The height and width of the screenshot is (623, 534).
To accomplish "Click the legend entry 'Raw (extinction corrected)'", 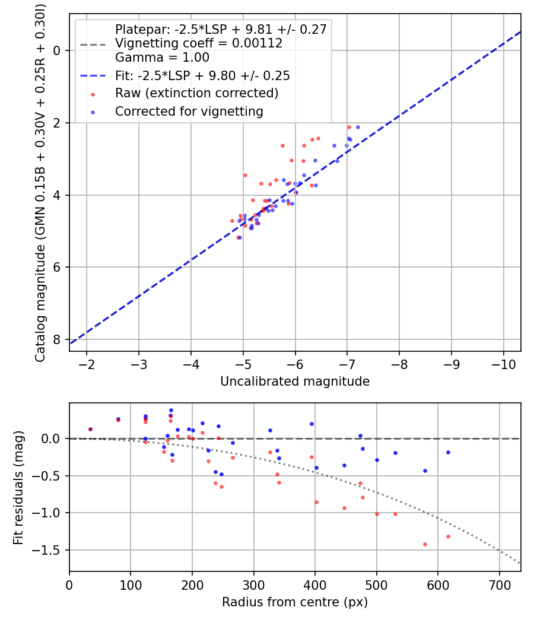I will [196, 93].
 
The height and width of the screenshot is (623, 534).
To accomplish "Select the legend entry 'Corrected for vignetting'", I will [189, 111].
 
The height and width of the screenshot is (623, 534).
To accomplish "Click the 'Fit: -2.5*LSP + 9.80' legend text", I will [202, 76].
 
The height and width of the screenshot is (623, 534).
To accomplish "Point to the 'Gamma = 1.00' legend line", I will [162, 58].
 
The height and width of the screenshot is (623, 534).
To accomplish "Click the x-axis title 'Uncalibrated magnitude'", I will [295, 382].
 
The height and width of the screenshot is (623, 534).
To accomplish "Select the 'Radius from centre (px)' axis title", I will [295, 602].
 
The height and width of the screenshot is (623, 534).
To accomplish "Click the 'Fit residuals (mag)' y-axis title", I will [18, 487].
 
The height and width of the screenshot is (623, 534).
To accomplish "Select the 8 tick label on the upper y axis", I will [58, 339].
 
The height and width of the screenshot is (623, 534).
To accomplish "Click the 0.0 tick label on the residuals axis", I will [52, 438].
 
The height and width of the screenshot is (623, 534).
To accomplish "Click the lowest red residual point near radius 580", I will [425, 544].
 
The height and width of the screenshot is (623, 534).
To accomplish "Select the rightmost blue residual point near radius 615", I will [448, 452].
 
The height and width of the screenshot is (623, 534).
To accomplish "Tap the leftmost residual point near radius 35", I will [90, 429].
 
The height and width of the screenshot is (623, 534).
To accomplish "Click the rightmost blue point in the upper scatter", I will [358, 127].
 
